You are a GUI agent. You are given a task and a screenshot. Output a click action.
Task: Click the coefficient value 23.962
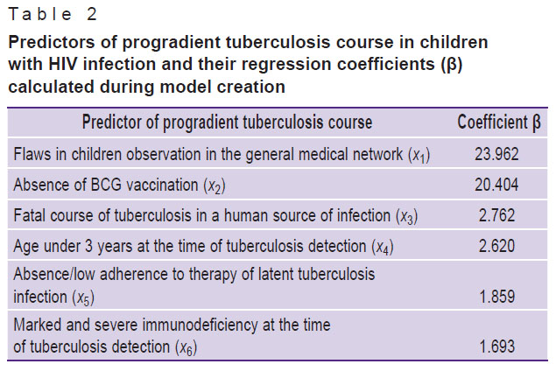(x=496, y=154)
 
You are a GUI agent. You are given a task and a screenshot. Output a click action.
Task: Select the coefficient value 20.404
(x=496, y=185)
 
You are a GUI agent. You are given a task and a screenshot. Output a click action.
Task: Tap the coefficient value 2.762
(x=496, y=215)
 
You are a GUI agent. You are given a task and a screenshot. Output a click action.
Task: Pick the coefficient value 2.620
(x=496, y=246)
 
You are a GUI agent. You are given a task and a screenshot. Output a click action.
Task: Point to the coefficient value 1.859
(x=496, y=297)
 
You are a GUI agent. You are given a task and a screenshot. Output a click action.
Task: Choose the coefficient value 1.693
(x=496, y=346)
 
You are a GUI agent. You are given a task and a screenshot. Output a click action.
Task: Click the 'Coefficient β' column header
(x=499, y=122)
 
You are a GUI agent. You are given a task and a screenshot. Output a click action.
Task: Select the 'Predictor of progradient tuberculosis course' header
(x=228, y=122)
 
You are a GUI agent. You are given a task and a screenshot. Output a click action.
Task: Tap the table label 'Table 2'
(x=53, y=15)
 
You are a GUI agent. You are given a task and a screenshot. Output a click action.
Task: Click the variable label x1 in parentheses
(x=419, y=156)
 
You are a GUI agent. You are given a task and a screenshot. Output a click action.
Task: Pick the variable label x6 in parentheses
(x=186, y=347)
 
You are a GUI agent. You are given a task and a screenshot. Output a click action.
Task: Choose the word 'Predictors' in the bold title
(x=52, y=42)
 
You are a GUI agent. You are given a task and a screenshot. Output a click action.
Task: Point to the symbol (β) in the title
(x=452, y=65)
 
